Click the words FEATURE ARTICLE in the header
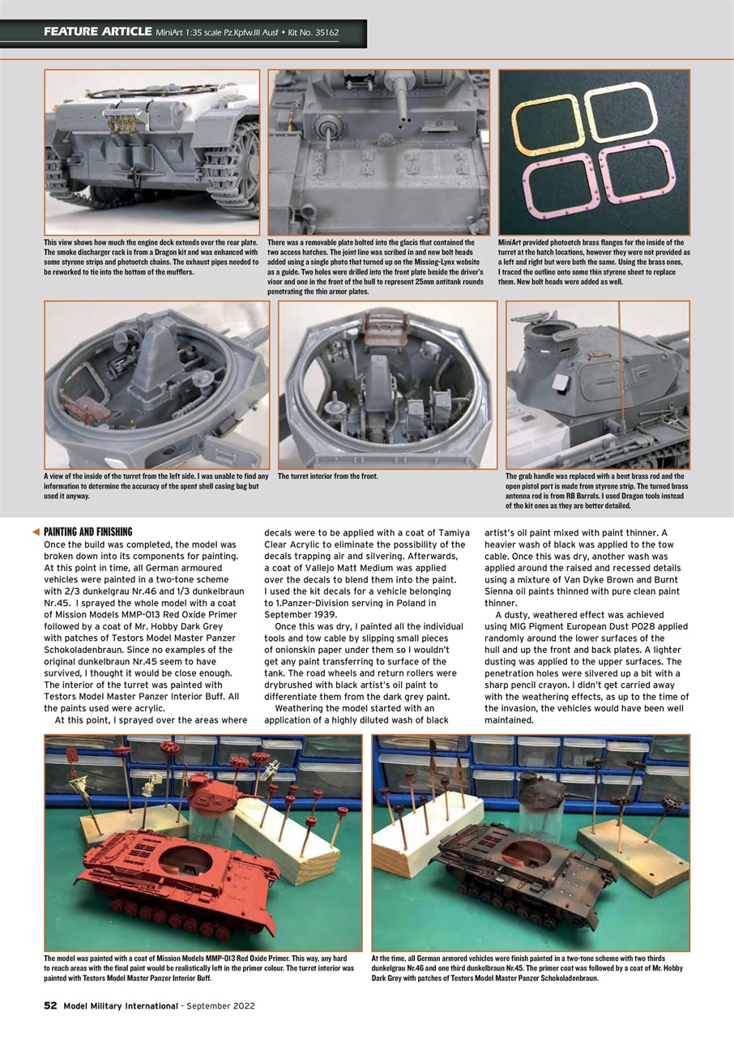pyautogui.click(x=97, y=32)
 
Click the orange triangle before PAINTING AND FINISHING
pyautogui.click(x=35, y=531)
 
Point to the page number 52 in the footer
pyautogui.click(x=50, y=1006)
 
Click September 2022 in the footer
pyautogui.click(x=220, y=1006)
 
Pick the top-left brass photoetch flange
pyautogui.click(x=544, y=113)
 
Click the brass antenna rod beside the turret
pyautogui.click(x=621, y=356)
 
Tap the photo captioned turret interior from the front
pyautogui.click(x=387, y=385)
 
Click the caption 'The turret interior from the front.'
pyautogui.click(x=328, y=476)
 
